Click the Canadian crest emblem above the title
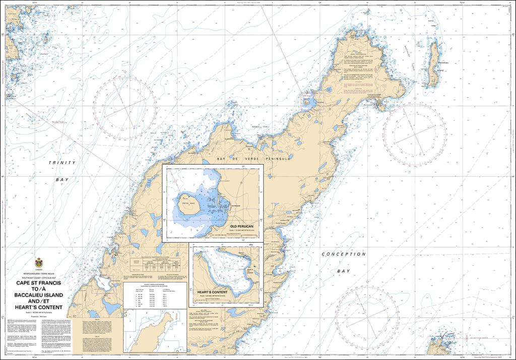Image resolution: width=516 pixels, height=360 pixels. tap(39, 263)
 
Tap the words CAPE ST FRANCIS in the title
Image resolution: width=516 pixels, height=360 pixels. tap(39, 283)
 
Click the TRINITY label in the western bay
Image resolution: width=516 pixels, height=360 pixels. tap(62, 163)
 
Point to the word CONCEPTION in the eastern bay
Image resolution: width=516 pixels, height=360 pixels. tap(344, 255)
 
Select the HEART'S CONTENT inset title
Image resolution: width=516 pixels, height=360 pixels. tap(213, 292)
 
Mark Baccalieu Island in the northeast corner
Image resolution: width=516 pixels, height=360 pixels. tap(432, 63)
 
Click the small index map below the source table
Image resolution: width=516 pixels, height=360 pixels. tap(155, 331)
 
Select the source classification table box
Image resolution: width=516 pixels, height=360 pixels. tap(155, 294)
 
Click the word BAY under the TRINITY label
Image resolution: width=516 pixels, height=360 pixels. tap(62, 180)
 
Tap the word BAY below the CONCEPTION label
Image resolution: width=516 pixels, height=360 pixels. tap(343, 271)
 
